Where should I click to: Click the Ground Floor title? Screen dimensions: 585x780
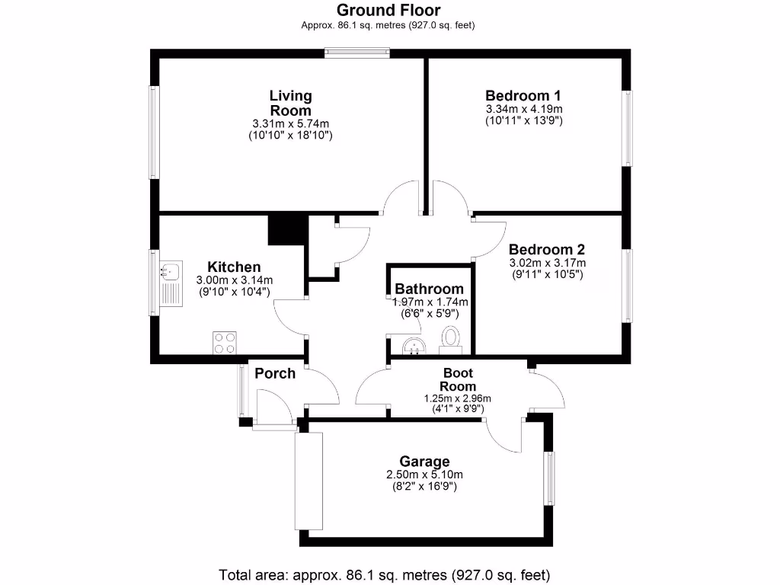click(389, 10)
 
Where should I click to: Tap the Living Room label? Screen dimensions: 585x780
click(290, 103)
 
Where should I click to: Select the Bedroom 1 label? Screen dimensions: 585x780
click(523, 95)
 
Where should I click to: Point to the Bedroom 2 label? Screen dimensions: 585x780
click(546, 250)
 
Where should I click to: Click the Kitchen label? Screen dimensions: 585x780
click(234, 267)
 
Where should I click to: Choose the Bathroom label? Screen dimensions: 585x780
click(429, 289)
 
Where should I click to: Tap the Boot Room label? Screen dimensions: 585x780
click(458, 379)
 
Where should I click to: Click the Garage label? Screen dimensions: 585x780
click(424, 462)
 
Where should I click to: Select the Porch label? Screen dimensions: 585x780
click(275, 373)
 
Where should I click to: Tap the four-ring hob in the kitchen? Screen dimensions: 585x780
click(224, 344)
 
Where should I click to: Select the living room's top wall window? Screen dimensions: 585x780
click(356, 53)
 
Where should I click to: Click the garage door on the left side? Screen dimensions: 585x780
click(309, 481)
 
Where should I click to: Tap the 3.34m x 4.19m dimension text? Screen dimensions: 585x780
click(523, 109)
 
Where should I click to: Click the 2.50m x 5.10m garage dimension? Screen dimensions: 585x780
click(424, 475)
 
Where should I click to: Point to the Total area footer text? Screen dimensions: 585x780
click(384, 574)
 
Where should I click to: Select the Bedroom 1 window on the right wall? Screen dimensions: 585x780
click(627, 128)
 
